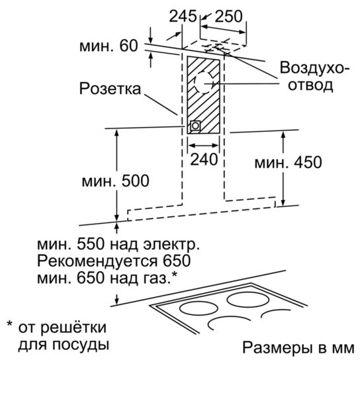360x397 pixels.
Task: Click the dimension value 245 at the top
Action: [183, 16]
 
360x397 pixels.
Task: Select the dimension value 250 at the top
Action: [228, 16]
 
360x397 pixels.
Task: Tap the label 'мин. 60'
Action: [109, 46]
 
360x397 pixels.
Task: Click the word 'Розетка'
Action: [110, 89]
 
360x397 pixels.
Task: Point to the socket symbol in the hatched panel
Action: [195, 126]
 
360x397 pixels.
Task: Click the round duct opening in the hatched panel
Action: [204, 82]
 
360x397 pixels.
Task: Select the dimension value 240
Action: [204, 159]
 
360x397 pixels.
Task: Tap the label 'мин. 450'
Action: [288, 162]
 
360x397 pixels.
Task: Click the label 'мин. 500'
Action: [115, 181]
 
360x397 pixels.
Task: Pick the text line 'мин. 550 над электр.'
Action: [118, 245]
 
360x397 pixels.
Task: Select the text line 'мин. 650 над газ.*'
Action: [107, 278]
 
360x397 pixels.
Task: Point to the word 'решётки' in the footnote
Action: [73, 327]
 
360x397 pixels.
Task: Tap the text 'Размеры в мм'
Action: [298, 347]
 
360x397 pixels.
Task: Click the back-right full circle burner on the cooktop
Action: [248, 300]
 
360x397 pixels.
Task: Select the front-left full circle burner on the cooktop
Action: [199, 308]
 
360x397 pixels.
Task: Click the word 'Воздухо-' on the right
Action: [314, 68]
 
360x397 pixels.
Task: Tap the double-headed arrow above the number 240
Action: [204, 146]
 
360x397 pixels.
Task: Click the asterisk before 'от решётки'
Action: [10, 324]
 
